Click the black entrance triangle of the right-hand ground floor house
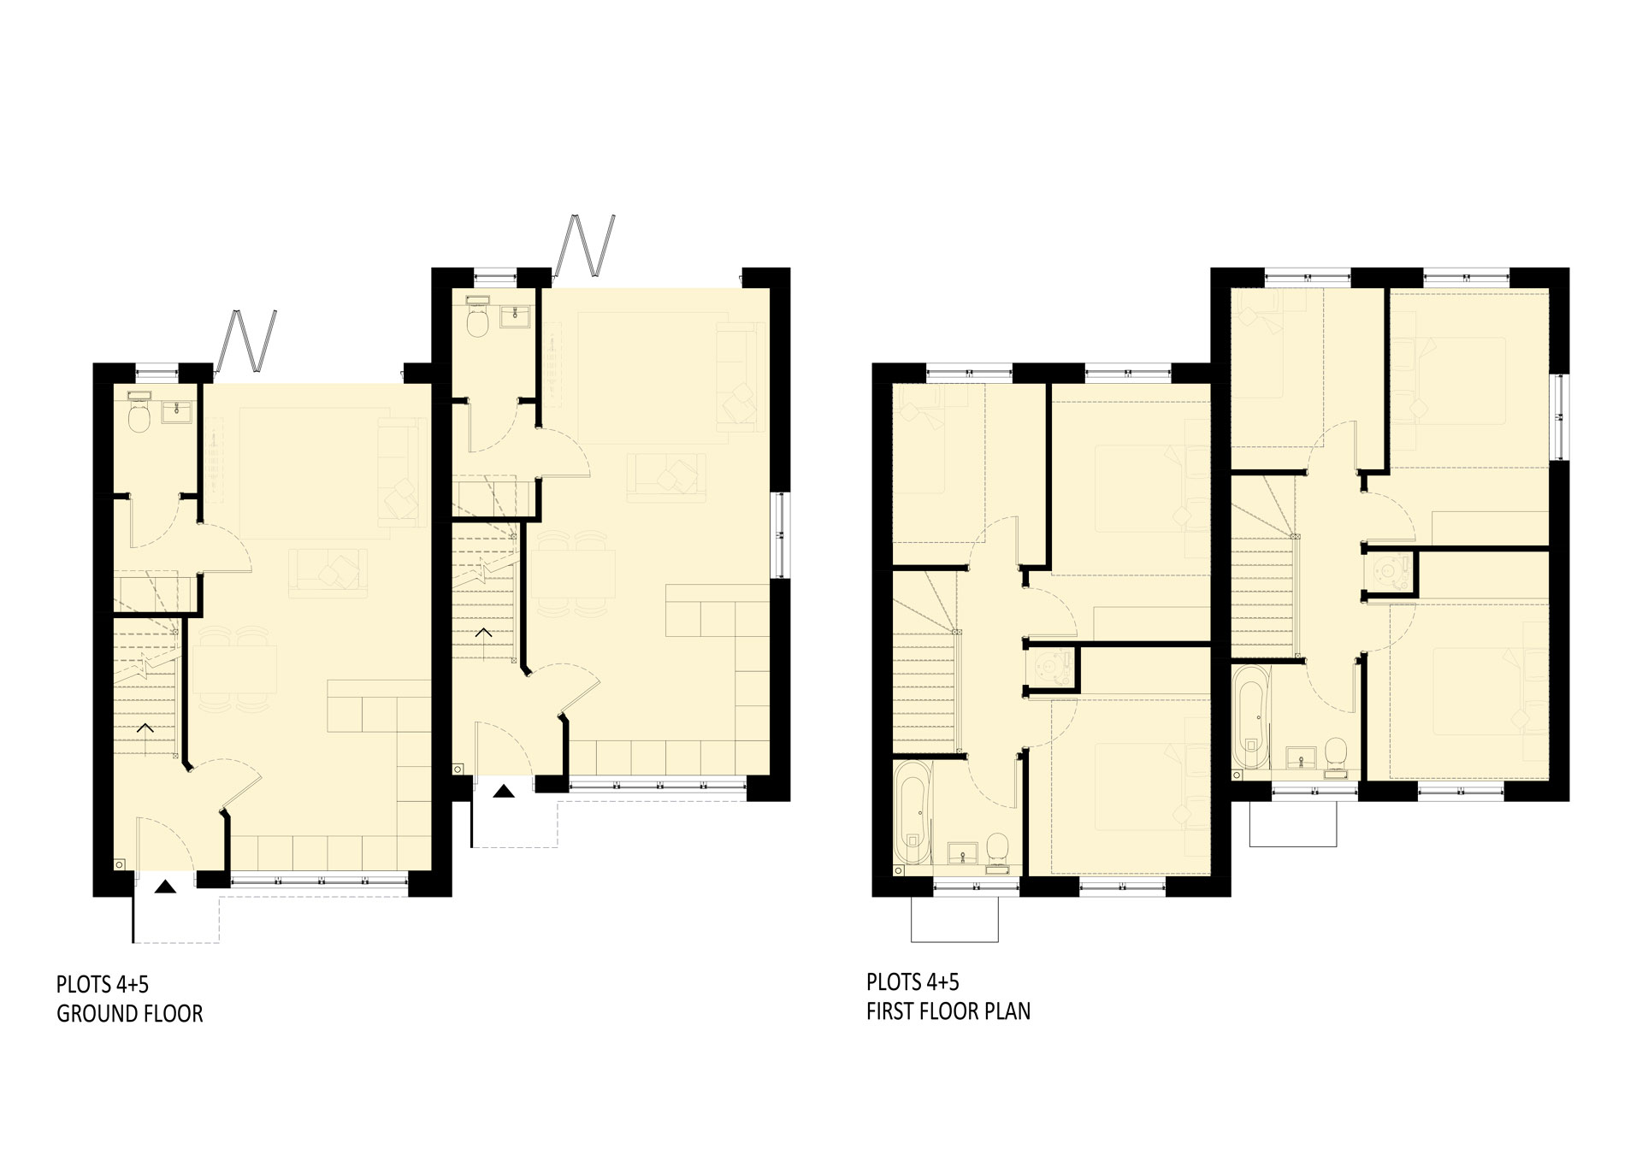505,791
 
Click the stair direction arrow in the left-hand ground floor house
145,728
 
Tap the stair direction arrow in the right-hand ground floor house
483,633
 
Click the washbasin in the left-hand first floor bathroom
962,852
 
